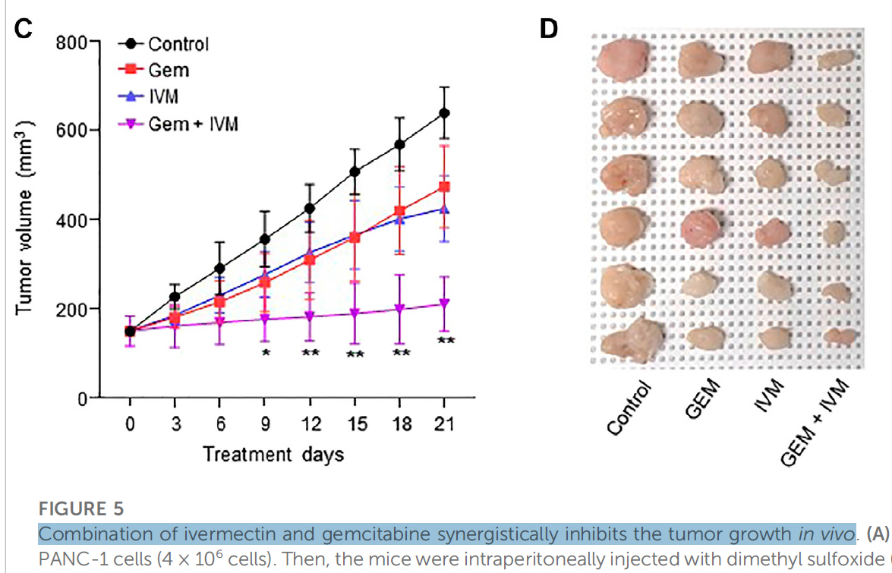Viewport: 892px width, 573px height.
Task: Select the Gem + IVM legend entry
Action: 192,124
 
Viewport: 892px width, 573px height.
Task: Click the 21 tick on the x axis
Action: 444,423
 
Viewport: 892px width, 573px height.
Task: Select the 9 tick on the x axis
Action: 265,423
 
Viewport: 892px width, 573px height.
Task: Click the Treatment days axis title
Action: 273,454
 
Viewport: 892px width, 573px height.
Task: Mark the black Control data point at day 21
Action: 444,113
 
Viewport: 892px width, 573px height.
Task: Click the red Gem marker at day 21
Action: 444,187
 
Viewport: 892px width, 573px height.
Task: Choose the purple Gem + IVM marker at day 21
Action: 444,304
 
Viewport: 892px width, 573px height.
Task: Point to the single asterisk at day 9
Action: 265,354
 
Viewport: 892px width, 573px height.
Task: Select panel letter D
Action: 548,29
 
